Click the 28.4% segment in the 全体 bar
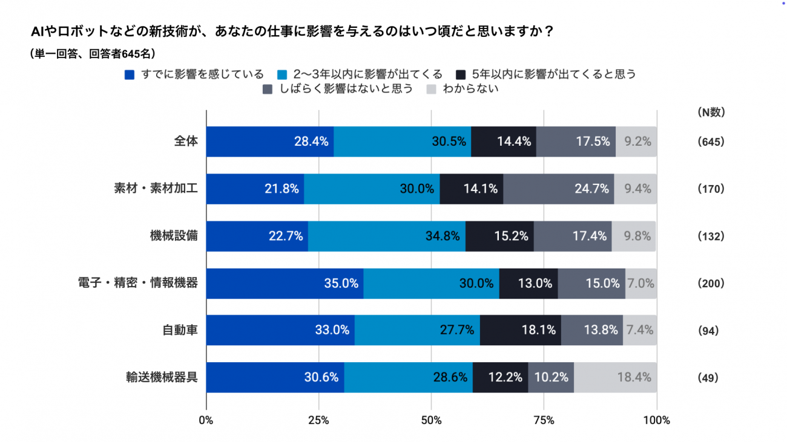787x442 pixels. click(x=270, y=141)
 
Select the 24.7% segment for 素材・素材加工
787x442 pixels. click(x=558, y=189)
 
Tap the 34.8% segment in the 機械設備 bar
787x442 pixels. click(x=387, y=236)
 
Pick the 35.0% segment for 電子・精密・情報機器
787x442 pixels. click(x=285, y=283)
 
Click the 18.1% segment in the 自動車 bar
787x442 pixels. click(x=520, y=330)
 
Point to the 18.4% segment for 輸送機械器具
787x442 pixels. click(x=615, y=377)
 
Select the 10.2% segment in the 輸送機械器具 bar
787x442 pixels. click(x=551, y=377)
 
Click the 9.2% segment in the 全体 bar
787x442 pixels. click(x=636, y=141)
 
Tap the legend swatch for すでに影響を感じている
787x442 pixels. click(x=129, y=75)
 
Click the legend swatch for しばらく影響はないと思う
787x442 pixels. click(x=268, y=90)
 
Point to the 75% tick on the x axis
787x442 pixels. click(x=544, y=420)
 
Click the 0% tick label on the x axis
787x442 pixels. click(x=206, y=420)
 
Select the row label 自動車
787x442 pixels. click(x=180, y=330)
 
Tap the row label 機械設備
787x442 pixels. click(x=174, y=236)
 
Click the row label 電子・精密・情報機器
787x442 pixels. click(x=138, y=283)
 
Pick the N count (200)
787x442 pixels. click(x=711, y=283)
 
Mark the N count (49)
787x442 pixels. click(x=708, y=378)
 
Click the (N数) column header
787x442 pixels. click(x=711, y=112)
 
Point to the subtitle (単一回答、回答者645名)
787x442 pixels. click(x=93, y=53)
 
